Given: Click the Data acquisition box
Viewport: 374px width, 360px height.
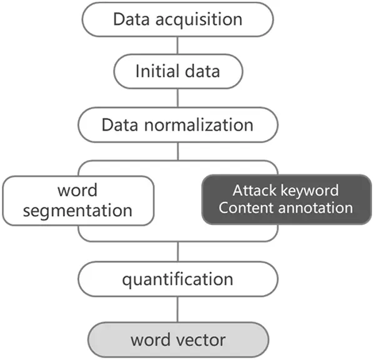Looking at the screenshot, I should point(177,19).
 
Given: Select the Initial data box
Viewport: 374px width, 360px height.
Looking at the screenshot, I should point(177,71).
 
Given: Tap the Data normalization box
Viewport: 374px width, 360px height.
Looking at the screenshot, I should point(177,124).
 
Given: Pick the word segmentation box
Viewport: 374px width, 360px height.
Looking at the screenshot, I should point(77,199).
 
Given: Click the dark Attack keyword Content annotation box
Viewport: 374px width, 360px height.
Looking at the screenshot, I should point(286,199).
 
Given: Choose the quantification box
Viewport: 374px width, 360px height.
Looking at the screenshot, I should point(177,278).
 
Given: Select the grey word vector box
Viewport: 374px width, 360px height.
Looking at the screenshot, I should point(177,340).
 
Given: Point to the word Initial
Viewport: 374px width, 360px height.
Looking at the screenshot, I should point(155,71).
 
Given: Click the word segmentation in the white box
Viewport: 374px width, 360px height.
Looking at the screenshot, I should point(77,209).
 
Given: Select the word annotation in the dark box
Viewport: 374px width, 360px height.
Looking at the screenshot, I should point(317,207).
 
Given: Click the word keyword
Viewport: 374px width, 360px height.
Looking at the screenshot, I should point(310,190).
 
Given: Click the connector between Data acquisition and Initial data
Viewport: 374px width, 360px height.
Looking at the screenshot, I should point(177,45).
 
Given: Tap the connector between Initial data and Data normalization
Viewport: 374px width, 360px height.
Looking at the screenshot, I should point(177,97).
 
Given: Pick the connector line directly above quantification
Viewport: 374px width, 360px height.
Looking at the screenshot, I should point(177,251).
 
